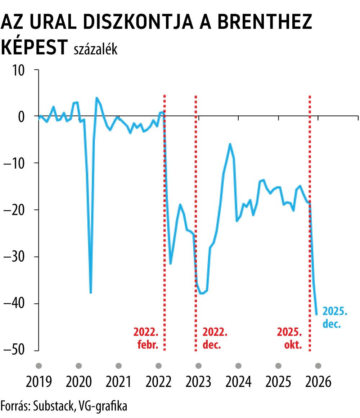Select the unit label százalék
pyautogui.click(x=95, y=50)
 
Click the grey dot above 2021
pyautogui.click(x=118, y=366)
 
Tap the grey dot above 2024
pyautogui.click(x=238, y=366)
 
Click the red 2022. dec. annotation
pyautogui.click(x=215, y=338)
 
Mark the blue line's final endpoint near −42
pyautogui.click(x=316, y=314)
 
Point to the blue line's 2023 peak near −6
pyautogui.click(x=230, y=144)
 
